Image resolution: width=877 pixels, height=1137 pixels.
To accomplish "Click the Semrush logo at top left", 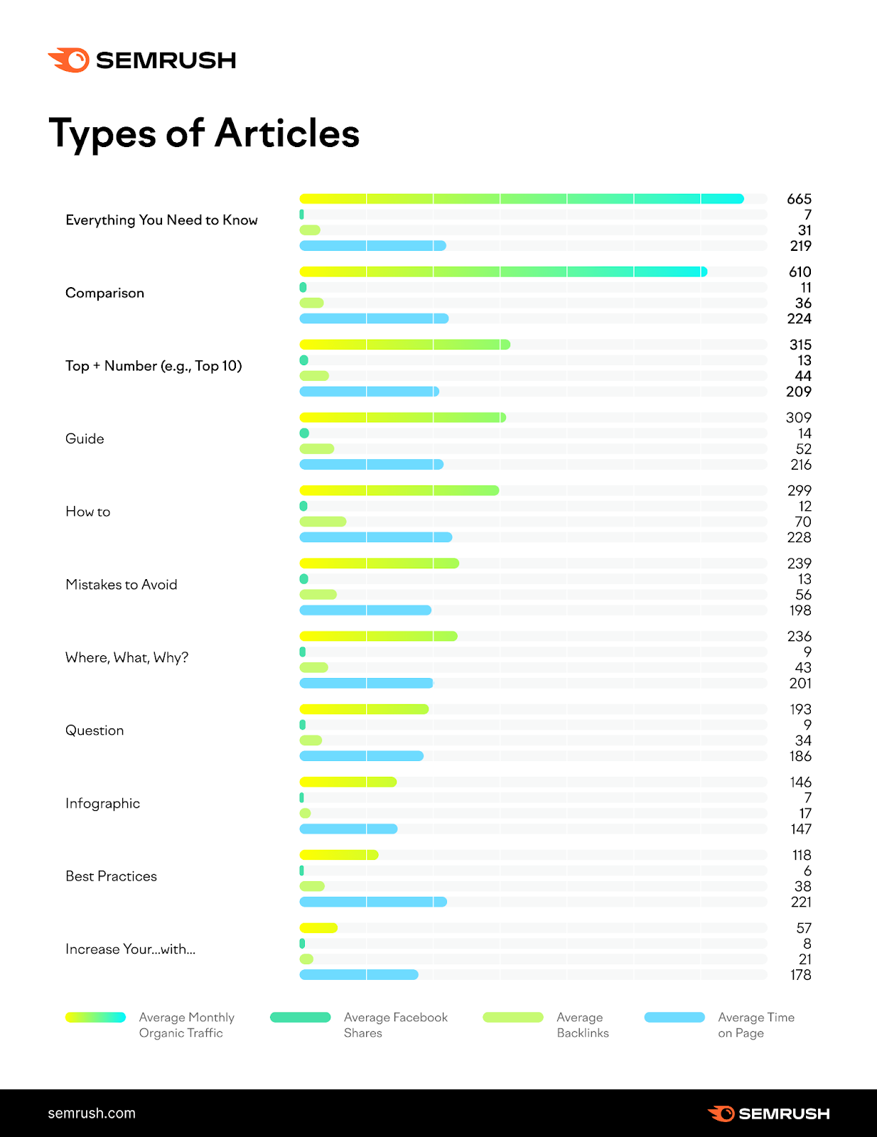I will [141, 60].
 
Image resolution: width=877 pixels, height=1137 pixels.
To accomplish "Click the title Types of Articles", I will [204, 133].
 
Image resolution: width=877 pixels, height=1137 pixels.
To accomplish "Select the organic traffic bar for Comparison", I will [502, 271].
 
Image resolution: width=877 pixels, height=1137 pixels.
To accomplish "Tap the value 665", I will [799, 199].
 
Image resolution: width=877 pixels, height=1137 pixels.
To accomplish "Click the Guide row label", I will [85, 439].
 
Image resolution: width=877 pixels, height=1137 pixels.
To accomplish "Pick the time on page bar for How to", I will [375, 537].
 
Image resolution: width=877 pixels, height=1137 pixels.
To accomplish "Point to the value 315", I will [800, 345].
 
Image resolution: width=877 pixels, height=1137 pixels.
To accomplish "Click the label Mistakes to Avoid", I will [122, 585].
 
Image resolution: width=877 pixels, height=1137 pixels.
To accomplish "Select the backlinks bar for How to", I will [323, 522].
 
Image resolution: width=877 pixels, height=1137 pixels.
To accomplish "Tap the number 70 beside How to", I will [803, 522].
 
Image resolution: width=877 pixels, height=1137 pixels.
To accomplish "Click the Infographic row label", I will [102, 804].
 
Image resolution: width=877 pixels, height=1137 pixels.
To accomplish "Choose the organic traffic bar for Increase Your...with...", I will [318, 928].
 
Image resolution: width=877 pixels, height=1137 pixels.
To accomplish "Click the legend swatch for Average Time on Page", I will [674, 1018].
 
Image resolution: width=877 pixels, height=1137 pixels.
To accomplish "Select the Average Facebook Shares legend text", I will [395, 1025].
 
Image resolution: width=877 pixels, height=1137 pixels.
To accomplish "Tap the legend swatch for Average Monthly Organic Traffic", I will [95, 1018].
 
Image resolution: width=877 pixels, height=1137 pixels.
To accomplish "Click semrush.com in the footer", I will [92, 1114].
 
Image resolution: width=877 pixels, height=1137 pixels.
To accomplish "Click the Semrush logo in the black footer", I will [769, 1114].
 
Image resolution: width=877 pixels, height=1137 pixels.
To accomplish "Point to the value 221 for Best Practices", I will [801, 902].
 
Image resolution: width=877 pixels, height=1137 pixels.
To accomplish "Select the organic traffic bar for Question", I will [364, 709].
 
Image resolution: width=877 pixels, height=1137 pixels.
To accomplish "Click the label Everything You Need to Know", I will [161, 220].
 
